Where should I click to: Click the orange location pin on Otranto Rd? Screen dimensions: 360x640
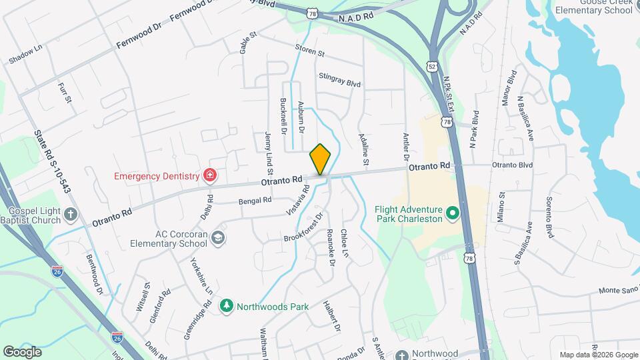tap(321, 159)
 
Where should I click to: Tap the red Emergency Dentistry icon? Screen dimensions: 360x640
tap(211, 176)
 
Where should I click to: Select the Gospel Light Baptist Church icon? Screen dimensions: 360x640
tap(72, 214)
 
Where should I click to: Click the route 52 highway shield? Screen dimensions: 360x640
tap(433, 67)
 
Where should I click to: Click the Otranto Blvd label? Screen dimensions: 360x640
tap(513, 165)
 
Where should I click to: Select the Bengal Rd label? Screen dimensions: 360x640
tap(255, 200)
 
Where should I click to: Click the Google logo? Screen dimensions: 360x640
tap(22, 351)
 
